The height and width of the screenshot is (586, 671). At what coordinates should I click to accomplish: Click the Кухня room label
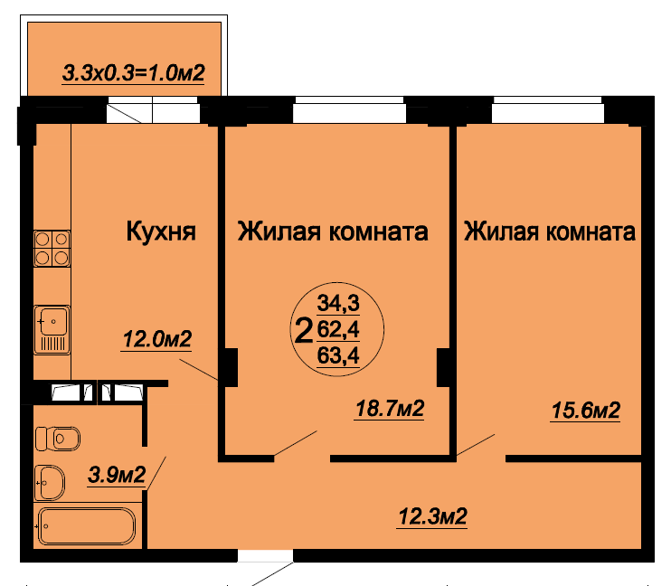(x=161, y=232)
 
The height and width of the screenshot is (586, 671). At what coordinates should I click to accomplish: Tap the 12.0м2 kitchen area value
(x=157, y=339)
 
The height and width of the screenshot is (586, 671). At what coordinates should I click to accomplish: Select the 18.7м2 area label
(x=390, y=409)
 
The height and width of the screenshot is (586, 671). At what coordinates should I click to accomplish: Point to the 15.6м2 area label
(x=585, y=411)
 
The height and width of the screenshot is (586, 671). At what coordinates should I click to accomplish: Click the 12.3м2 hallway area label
(x=432, y=516)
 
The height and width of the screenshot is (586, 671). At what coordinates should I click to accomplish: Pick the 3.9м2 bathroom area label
(x=117, y=475)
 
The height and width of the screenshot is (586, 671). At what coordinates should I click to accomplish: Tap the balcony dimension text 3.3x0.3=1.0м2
(x=134, y=72)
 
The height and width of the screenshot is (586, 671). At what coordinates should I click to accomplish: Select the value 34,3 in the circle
(x=338, y=303)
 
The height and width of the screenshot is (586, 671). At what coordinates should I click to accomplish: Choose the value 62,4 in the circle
(x=338, y=329)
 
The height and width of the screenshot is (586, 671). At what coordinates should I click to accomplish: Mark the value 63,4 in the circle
(x=338, y=355)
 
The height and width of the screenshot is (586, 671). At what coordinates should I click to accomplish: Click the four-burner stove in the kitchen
(x=52, y=249)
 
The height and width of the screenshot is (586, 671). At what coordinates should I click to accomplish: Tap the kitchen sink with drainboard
(x=52, y=329)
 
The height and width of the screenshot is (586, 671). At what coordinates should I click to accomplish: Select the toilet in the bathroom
(x=57, y=439)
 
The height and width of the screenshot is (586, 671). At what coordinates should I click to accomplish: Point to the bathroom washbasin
(x=50, y=483)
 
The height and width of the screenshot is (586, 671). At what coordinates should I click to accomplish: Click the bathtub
(x=87, y=526)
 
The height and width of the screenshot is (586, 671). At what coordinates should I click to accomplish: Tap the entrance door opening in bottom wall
(x=265, y=555)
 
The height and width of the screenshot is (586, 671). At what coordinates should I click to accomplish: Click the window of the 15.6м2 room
(x=548, y=110)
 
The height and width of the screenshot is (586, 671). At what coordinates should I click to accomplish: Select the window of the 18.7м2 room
(x=349, y=110)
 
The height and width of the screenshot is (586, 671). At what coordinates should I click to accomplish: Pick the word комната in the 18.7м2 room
(x=378, y=232)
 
